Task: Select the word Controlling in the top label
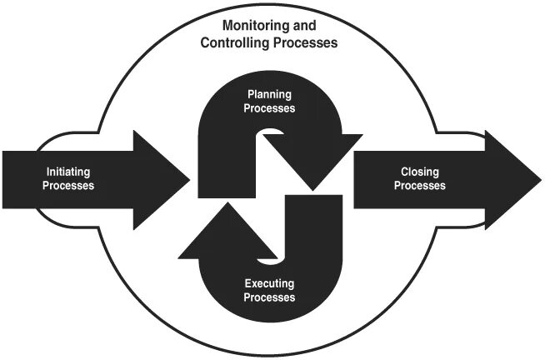[234, 42]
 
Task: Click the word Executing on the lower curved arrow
[268, 284]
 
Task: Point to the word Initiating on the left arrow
[68, 172]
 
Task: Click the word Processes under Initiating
[68, 186]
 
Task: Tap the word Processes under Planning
[268, 107]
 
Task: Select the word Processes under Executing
[268, 297]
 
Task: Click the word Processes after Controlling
[305, 42]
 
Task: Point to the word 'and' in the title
[304, 26]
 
